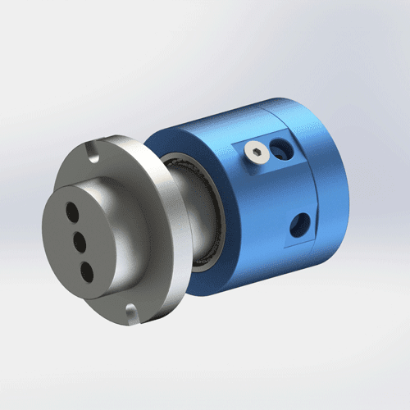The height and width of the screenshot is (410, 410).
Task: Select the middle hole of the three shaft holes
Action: pos(82,240)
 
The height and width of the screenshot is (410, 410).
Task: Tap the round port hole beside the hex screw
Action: pos(282,149)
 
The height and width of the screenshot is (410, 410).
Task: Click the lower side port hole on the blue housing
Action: pos(300,221)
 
